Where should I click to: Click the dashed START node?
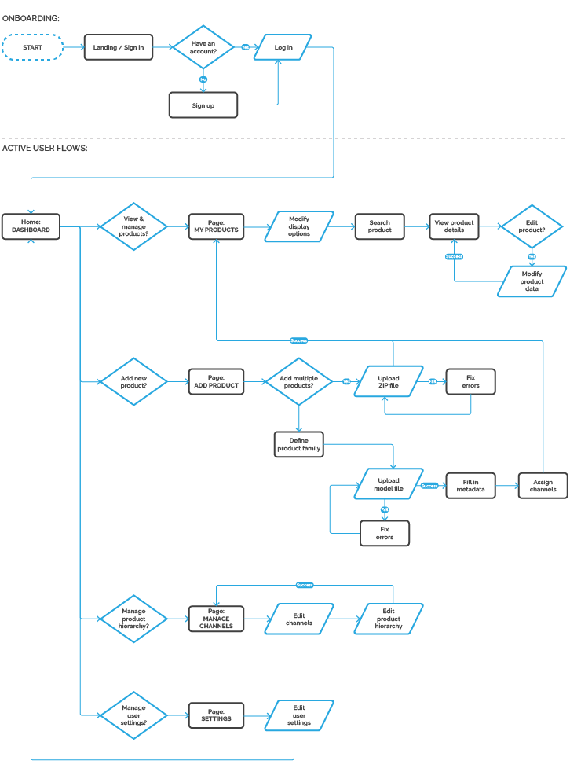coord(32,47)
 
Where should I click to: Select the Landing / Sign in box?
coord(119,47)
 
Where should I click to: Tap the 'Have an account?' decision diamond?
coord(203,47)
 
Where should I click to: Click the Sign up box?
coord(203,105)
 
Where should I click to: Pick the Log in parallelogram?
coord(283,47)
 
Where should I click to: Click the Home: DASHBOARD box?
coord(31,226)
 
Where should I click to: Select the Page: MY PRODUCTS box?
coord(216,226)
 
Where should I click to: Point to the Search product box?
coord(380,226)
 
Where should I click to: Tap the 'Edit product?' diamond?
coord(532,226)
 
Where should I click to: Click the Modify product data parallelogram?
coord(532,281)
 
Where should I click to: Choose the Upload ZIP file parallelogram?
coord(389,382)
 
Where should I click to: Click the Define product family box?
coord(298,444)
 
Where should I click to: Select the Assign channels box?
coord(543,485)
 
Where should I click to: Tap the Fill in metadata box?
coord(470,485)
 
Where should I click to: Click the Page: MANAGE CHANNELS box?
coord(216,619)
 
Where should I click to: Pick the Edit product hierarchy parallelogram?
coord(389,619)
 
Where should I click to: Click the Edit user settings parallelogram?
coord(299,716)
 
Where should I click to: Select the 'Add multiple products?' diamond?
coord(298,382)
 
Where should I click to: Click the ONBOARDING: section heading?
coord(31,17)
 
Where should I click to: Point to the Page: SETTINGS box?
coord(216,716)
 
